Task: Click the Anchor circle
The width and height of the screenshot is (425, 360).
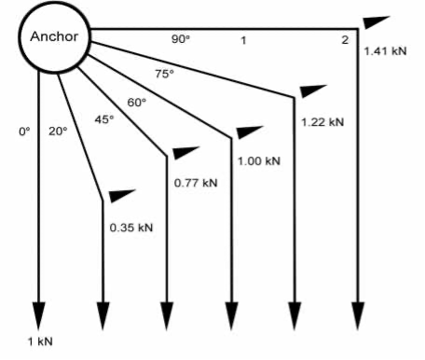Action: point(55,38)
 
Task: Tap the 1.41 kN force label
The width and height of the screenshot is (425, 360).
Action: point(384,51)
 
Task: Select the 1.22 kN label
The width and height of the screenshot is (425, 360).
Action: point(322,121)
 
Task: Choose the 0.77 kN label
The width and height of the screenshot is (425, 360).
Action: point(196,182)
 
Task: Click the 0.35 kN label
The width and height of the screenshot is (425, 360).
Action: point(131,228)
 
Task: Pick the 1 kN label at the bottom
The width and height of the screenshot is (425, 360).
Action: point(40,340)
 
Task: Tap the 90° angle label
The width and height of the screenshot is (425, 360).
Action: point(180,38)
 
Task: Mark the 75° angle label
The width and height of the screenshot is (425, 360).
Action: point(163,75)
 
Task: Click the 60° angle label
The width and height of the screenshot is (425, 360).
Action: point(136,102)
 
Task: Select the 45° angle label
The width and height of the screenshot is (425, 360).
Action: point(103,119)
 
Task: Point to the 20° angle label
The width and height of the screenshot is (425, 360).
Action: point(58,132)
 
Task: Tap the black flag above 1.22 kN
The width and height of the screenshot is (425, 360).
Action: point(313,90)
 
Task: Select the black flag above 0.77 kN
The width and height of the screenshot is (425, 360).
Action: point(185,152)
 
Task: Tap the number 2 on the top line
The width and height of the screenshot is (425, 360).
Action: point(345,39)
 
